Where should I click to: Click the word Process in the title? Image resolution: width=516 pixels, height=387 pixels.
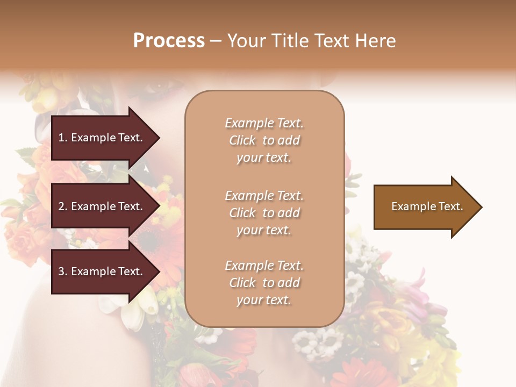coord(169,41)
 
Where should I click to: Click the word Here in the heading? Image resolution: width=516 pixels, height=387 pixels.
coord(375,41)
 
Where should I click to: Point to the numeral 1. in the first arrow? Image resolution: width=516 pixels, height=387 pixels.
coord(63,138)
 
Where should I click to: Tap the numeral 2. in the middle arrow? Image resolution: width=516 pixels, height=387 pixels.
coord(63,206)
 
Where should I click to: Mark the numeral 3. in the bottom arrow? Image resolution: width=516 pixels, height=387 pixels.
coord(63,271)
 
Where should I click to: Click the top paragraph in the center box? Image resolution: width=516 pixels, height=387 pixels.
coord(264,140)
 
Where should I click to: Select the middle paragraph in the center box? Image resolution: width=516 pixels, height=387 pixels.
coord(264,213)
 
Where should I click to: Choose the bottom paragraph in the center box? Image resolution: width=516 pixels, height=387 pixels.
coord(264,283)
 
